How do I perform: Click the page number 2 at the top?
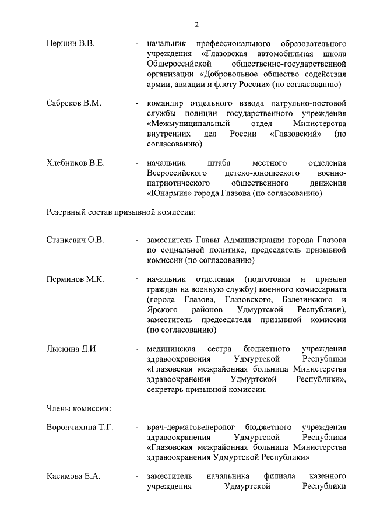pyautogui.click(x=196, y=24)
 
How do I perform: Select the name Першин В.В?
pyautogui.click(x=71, y=44)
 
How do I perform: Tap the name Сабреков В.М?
pyautogui.click(x=74, y=103)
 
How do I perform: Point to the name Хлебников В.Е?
pyautogui.click(x=76, y=163)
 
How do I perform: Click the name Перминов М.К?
pyautogui.click(x=75, y=279)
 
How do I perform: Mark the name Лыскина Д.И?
pyautogui.click(x=72, y=349)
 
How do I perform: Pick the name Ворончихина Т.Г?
pyautogui.click(x=80, y=428)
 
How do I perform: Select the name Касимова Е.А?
pyautogui.click(x=73, y=477)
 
